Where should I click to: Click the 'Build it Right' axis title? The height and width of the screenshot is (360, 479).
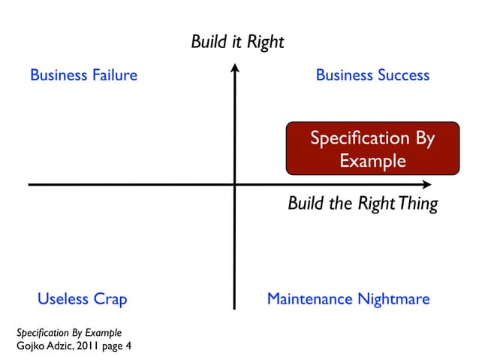pos(237,41)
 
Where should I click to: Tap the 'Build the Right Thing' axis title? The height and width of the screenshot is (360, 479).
pos(363,204)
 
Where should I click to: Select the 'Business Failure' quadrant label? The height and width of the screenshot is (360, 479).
pos(83,75)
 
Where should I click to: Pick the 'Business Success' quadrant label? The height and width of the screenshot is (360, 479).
pos(372,75)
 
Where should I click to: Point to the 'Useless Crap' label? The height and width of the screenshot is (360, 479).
pos(83,299)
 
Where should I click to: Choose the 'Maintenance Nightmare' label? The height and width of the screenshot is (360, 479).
pos(348,299)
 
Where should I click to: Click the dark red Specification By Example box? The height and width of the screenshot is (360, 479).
pos(372,149)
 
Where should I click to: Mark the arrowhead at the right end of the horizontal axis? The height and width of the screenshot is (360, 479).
pos(427,184)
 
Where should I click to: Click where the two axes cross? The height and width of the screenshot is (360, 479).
pos(235,184)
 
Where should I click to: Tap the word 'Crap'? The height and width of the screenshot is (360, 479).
pos(109,299)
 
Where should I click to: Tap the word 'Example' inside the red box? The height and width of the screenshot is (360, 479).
pos(372,161)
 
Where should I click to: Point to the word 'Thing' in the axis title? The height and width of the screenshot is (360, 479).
pos(418,204)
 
